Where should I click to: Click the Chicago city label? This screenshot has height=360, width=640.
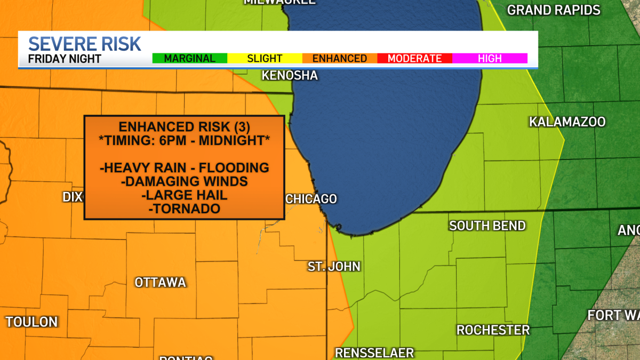pos(311,199)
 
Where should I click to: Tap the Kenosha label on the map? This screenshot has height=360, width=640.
pos(290,76)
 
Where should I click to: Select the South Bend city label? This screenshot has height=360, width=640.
pos(487,226)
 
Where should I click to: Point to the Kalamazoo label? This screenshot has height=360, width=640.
pos(567,122)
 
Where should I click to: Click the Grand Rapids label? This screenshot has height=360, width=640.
pos(554,10)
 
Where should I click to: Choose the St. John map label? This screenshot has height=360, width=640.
pos(334,266)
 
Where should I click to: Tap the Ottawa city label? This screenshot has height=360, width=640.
pos(160,282)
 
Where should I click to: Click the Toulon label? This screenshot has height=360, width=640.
pos(31,322)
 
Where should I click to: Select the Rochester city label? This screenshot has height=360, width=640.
pos(493,330)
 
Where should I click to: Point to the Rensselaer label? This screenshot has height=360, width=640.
pos(374,353)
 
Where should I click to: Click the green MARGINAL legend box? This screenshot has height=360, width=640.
pos(190,59)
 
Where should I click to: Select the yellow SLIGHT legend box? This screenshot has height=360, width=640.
pos(265,59)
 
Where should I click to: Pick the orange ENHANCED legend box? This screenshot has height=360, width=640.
pos(340,59)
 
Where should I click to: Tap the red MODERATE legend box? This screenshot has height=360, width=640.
pos(414,59)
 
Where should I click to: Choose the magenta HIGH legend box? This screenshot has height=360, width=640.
pos(490,59)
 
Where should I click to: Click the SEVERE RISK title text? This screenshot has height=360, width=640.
pos(84,44)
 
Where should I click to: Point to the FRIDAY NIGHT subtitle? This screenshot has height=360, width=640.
pos(65,59)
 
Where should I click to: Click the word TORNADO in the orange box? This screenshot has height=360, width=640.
pos(185,209)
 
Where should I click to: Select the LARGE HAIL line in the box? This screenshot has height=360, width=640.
pos(185,195)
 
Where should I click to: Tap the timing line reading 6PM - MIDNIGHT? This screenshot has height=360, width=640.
pos(185,140)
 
